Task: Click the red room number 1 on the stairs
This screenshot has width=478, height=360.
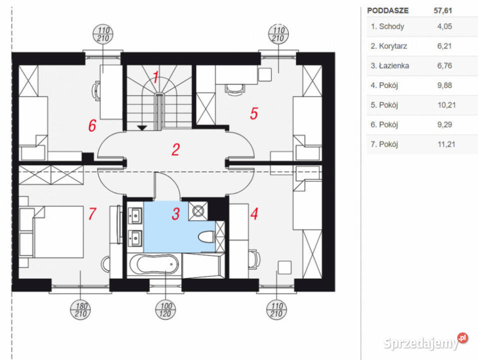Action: (x=156, y=78)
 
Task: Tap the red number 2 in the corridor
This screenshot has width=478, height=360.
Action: (x=175, y=149)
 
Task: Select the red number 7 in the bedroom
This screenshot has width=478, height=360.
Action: (x=92, y=214)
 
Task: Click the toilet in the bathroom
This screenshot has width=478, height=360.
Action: (x=207, y=237)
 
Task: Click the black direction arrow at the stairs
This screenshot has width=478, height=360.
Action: (x=142, y=128)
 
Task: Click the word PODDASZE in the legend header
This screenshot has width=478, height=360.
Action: (x=387, y=10)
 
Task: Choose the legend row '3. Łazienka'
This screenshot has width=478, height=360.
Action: (x=389, y=65)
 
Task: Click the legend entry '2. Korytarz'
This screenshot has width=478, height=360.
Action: (x=389, y=46)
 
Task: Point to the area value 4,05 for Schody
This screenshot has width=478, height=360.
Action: (x=444, y=26)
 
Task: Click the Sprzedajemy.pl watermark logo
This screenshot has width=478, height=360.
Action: (x=425, y=342)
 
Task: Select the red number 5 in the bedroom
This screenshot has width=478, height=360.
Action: (x=254, y=114)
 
